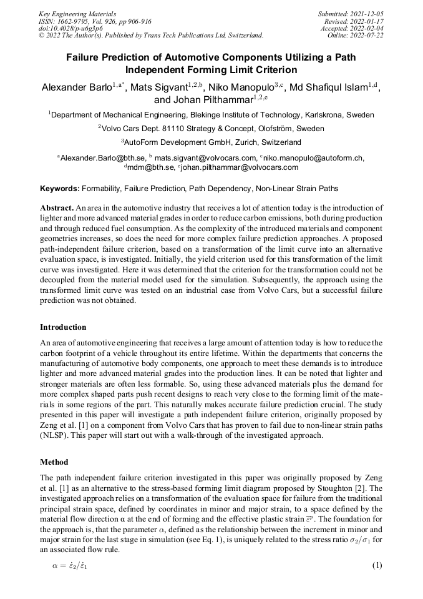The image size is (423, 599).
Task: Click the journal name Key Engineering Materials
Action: (77, 13)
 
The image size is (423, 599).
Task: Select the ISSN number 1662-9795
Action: (78, 21)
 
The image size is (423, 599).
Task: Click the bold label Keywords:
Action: (60, 188)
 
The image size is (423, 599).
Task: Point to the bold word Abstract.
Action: (56, 207)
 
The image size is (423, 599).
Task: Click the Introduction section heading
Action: (63, 327)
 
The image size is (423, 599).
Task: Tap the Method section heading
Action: (54, 462)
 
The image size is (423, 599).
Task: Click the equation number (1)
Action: (376, 565)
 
